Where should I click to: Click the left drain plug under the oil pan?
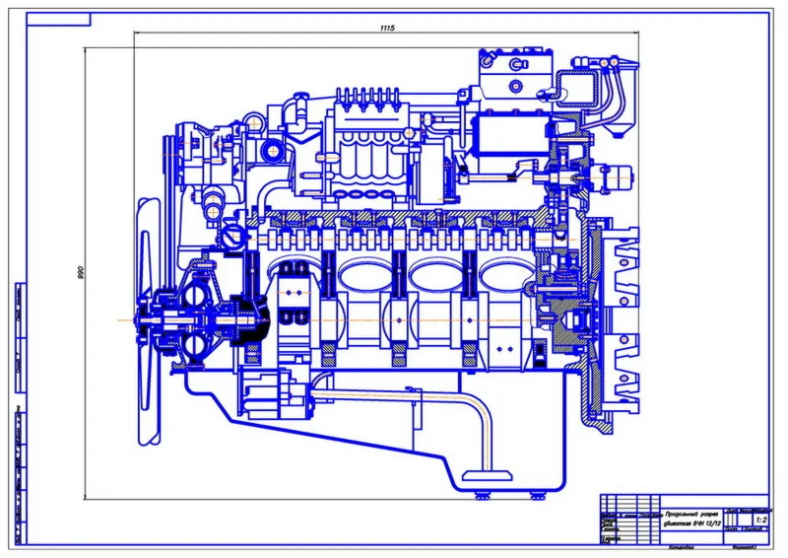click(472, 492)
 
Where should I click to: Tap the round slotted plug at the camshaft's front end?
click(232, 237)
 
